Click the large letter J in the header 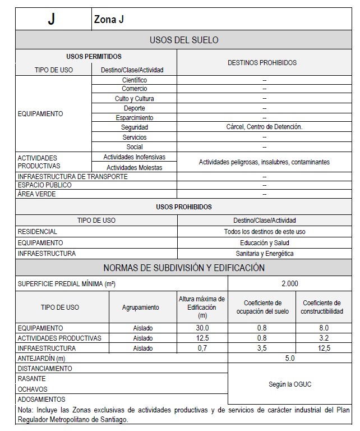click(52, 20)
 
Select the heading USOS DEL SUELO click(184, 40)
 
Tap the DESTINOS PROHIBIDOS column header click(262, 63)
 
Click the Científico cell click(135, 80)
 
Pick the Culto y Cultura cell click(135, 99)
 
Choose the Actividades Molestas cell click(135, 167)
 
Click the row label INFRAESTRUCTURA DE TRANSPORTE click(73, 177)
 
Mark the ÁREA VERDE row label click(37, 194)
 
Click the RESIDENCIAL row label click(38, 231)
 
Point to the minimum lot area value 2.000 click(290, 284)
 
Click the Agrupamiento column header click(141, 308)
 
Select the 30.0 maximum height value click(202, 328)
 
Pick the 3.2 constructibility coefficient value click(321, 338)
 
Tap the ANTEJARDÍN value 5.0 click(290, 358)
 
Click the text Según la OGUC click(290, 384)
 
